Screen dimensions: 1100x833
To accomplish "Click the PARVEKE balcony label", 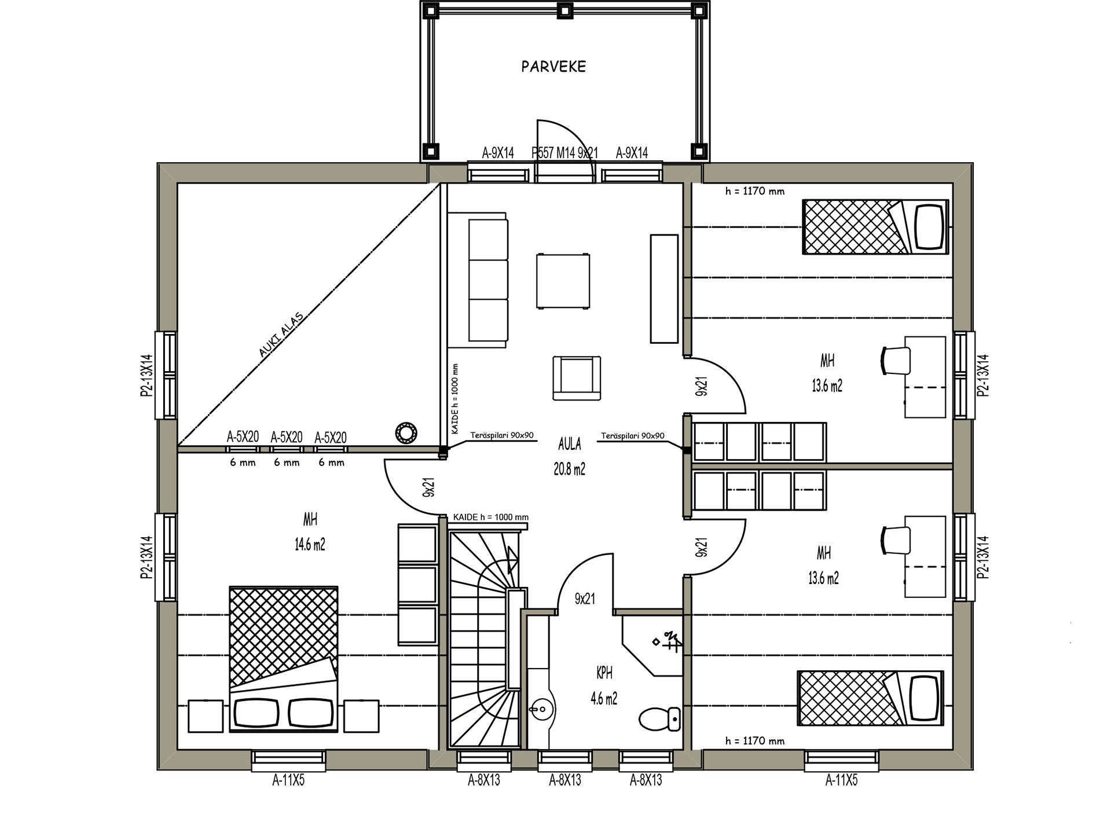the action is pos(553,67).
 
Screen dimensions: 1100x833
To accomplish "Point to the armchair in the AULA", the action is pos(577,378).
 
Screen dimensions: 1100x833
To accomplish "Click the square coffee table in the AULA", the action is pos(563,281).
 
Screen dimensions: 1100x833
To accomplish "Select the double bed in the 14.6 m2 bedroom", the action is pos(284,659).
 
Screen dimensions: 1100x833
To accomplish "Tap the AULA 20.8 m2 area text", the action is pos(570,457).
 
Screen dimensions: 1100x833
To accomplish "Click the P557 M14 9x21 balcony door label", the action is pos(564,153).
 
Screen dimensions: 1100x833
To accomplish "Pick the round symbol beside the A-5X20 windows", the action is pos(406,432).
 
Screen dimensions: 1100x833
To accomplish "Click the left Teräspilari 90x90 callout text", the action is pos(502,435).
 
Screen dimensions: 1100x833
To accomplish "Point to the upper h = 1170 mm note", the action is pos(755,191).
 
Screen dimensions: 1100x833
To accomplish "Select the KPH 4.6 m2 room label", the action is pos(604,686).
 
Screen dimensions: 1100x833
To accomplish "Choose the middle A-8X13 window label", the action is pos(565,780).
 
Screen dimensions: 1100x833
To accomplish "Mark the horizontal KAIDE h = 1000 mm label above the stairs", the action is pos(491,518).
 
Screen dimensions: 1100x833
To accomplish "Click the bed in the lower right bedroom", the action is pos(871,698).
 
